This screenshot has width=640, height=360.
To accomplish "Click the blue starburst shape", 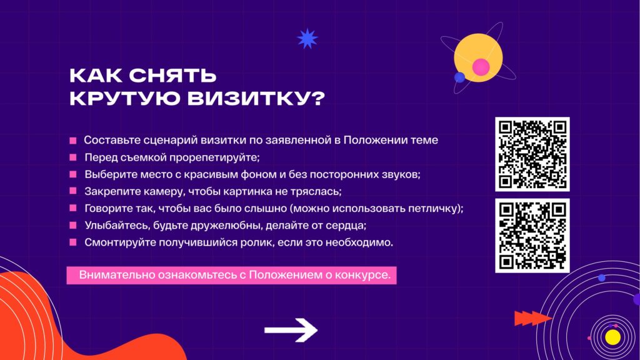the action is (307, 39).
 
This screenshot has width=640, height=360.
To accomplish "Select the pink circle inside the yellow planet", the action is (481, 67).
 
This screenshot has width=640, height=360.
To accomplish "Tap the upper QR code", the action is (532, 154).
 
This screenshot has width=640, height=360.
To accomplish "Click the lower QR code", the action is (532, 236).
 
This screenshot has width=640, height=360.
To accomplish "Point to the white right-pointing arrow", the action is (291, 330).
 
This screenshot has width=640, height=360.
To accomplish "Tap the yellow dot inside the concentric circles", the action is (612, 337).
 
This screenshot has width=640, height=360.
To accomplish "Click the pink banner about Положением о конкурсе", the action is (231, 275).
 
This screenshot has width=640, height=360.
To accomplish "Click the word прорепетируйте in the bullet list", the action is (214, 157).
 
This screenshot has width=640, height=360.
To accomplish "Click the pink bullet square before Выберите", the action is (73, 174).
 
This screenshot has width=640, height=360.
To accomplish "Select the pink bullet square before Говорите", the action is (73, 208).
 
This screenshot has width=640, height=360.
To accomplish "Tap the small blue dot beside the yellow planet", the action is (459, 77).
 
